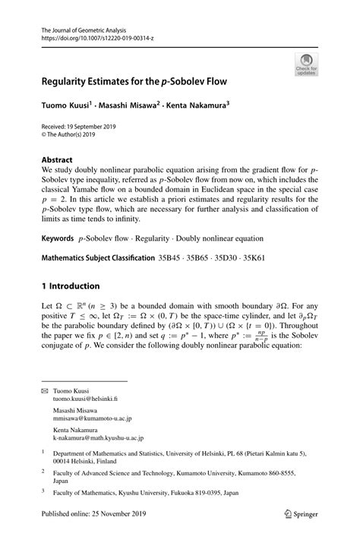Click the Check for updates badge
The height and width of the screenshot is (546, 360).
306,64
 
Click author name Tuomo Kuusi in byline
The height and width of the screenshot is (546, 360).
66,104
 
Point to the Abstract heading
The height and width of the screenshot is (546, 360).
57,160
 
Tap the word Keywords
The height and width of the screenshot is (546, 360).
62,238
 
